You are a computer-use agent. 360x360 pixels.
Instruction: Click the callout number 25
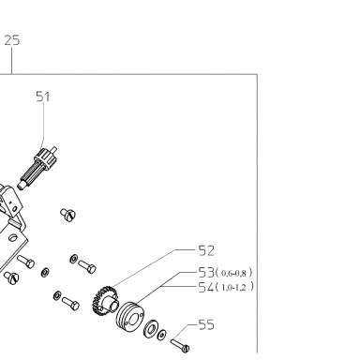tap(12, 40)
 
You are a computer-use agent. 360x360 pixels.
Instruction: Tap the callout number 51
tap(43, 97)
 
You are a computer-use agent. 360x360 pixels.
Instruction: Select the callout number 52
tap(206, 250)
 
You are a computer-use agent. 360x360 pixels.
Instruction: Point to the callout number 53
tap(206, 273)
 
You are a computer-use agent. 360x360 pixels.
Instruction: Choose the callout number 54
tap(206, 287)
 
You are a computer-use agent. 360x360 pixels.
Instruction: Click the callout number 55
tap(206, 324)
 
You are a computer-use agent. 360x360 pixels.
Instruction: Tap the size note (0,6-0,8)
tap(234, 273)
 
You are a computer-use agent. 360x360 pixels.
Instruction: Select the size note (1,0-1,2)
tap(234, 287)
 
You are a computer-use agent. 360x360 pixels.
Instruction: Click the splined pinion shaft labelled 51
tap(37, 168)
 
